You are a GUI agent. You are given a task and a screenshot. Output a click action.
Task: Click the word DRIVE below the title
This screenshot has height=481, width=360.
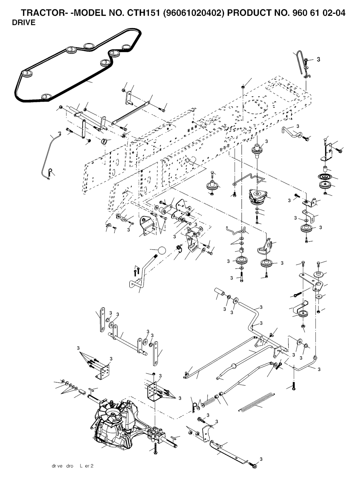pos(24,23)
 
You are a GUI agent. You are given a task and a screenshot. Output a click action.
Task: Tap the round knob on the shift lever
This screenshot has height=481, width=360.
pos(161,251)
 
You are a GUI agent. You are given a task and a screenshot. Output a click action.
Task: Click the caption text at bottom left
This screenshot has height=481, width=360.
pos(72,466)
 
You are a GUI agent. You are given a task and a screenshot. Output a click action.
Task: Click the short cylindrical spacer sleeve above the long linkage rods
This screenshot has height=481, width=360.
pos(220,293)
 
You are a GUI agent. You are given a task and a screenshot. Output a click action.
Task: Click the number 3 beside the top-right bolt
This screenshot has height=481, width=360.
pos(319,59)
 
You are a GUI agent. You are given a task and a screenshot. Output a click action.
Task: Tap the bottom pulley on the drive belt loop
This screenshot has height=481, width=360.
pos(45,96)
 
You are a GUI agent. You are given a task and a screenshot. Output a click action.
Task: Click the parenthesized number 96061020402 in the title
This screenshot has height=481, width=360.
pos(193,13)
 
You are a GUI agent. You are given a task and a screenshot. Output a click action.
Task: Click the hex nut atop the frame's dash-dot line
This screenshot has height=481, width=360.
pos(243,87)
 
